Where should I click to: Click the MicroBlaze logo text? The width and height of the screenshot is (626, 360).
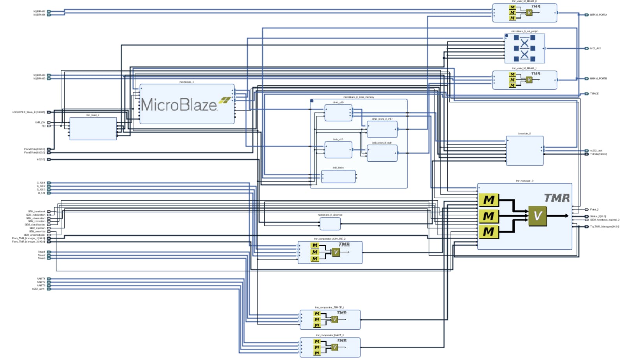pyautogui.click(x=179, y=104)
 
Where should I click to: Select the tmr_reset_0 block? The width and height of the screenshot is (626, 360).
pyautogui.click(x=93, y=129)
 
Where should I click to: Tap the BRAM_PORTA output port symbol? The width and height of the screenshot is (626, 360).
pyautogui.click(x=586, y=15)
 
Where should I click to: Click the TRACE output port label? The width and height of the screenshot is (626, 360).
pyautogui.click(x=594, y=94)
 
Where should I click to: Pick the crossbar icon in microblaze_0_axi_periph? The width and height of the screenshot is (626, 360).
pyautogui.click(x=524, y=49)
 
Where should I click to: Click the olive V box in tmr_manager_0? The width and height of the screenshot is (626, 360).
pyautogui.click(x=537, y=216)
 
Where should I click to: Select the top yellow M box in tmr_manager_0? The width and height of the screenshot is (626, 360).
pyautogui.click(x=489, y=200)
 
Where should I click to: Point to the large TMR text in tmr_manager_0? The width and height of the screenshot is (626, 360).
pyautogui.click(x=557, y=198)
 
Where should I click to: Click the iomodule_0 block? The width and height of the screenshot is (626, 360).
pyautogui.click(x=524, y=150)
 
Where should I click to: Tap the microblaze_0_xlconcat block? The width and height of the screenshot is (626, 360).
pyautogui.click(x=330, y=224)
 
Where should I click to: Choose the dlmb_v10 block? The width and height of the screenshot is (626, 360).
pyautogui.click(x=338, y=113)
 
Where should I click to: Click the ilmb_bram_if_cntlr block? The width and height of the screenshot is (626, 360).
pyautogui.click(x=382, y=153)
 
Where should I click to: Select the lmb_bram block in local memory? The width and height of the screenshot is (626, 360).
pyautogui.click(x=338, y=176)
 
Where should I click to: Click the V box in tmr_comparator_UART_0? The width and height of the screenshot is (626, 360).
pyautogui.click(x=334, y=347)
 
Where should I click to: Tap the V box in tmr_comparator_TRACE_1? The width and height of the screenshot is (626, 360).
pyautogui.click(x=334, y=319)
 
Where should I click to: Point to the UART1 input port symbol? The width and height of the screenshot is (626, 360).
pyautogui.click(x=49, y=279)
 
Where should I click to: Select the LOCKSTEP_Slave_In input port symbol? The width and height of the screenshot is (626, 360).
pyautogui.click(x=49, y=112)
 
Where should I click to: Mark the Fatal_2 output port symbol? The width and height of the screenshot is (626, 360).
pyautogui.click(x=586, y=210)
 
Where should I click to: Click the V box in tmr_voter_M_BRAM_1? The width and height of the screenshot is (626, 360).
pyautogui.click(x=529, y=80)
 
